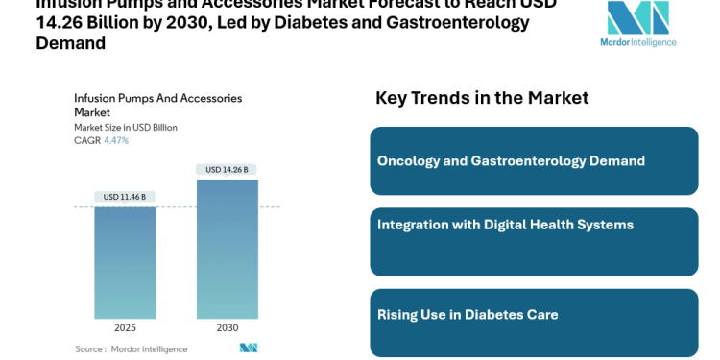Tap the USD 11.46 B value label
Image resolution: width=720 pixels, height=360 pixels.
coord(125,197)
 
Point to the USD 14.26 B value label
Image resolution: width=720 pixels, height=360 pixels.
coord(228,170)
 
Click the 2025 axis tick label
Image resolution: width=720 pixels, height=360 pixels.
coord(125,327)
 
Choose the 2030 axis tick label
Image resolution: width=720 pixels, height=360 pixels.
coord(228,327)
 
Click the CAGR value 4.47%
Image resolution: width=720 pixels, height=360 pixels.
coord(116,141)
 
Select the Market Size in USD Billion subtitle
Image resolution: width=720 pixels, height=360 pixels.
coord(126,127)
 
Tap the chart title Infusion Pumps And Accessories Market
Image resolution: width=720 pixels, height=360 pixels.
coord(157,105)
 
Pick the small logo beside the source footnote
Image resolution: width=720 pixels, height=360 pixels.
coord(249,348)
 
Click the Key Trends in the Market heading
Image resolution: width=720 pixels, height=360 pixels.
coord(482,98)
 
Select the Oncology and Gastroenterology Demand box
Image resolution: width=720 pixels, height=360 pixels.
coord(534,161)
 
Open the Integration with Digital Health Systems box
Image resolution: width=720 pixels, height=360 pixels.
coord(534,242)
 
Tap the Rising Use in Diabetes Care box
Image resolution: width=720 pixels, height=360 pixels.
coord(534,323)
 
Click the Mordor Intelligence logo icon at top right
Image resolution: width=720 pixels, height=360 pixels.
coord(637,17)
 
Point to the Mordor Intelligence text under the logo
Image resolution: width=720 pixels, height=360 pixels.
coord(638,42)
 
